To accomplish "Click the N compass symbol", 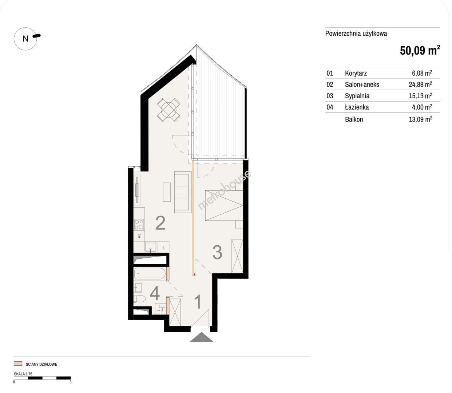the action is tap(25, 39).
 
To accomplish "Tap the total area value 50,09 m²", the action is tap(420, 50).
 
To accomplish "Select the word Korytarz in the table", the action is tap(356, 73).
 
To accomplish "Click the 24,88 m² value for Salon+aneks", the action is tap(420, 84).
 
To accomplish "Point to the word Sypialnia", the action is tap(357, 96).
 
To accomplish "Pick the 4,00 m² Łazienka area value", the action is tap(422, 107).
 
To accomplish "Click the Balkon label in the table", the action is tap(354, 119).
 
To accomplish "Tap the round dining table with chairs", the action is tap(168, 110).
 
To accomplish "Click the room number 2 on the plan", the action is tap(160, 223).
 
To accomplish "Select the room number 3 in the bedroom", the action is tap(217, 252).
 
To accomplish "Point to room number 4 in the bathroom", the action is tap(155, 294).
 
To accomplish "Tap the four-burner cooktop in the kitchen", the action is tap(139, 225).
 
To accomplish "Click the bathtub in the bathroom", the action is tap(150, 274).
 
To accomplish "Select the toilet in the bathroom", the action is tap(139, 299).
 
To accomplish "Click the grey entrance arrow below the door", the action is tap(201, 337).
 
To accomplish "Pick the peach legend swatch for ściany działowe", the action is tap(18, 364).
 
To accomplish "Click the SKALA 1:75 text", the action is tap(23, 374).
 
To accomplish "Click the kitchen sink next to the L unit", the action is tap(150, 247).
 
